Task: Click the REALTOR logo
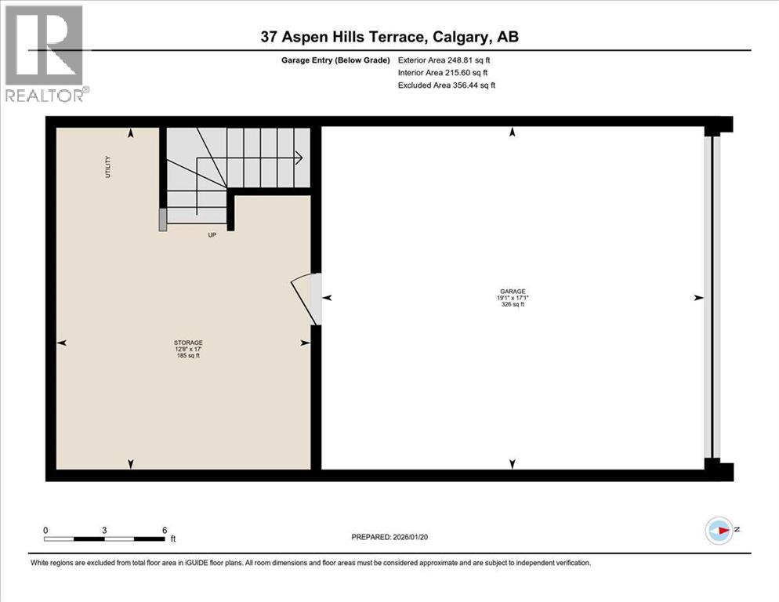pos(45,53)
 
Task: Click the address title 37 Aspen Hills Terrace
pos(389,37)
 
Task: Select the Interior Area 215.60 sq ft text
pos(443,72)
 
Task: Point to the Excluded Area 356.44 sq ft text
pos(447,85)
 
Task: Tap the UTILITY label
pos(108,167)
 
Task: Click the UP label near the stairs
pos(212,235)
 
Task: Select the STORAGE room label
pos(188,343)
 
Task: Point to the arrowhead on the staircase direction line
pos(299,158)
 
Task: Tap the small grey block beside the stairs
pos(162,219)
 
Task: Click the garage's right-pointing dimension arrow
pos(698,298)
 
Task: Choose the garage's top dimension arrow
pos(513,133)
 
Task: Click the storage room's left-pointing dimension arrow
pos(62,343)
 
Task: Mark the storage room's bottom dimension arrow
pos(130,463)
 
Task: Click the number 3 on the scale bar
pos(104,530)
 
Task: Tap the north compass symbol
pos(719,531)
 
